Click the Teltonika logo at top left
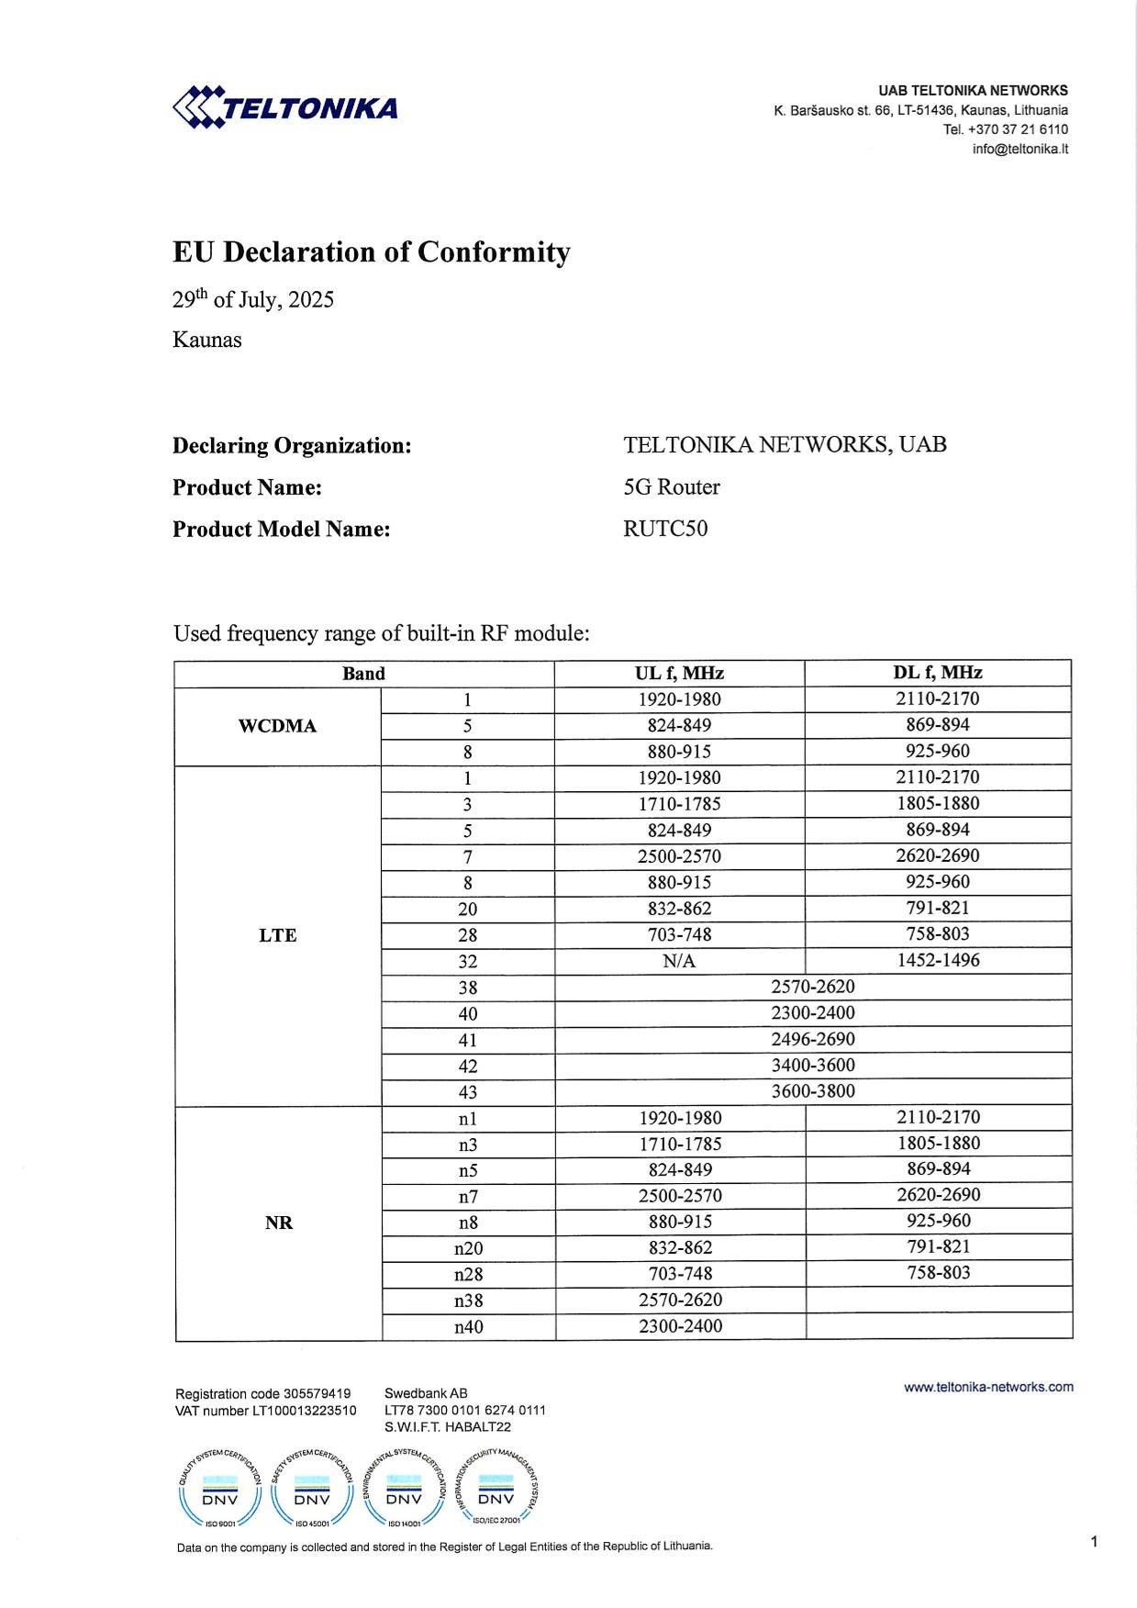pos(285,108)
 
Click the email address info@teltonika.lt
pos(1020,149)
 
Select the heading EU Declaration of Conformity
pos(372,252)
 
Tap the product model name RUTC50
pos(665,529)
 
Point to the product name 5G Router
pos(672,487)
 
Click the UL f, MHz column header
pos(679,673)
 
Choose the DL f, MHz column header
pos(937,673)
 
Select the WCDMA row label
pos(277,726)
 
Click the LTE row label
pos(277,935)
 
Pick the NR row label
pos(278,1223)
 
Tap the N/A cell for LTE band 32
pos(679,961)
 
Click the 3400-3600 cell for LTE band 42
pos(812,1066)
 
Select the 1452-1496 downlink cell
pos(937,960)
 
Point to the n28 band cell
pos(468,1274)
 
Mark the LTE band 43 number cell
pos(468,1092)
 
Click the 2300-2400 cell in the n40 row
pos(680,1326)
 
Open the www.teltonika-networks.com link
pos(988,1387)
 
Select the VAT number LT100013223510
pos(304,1411)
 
